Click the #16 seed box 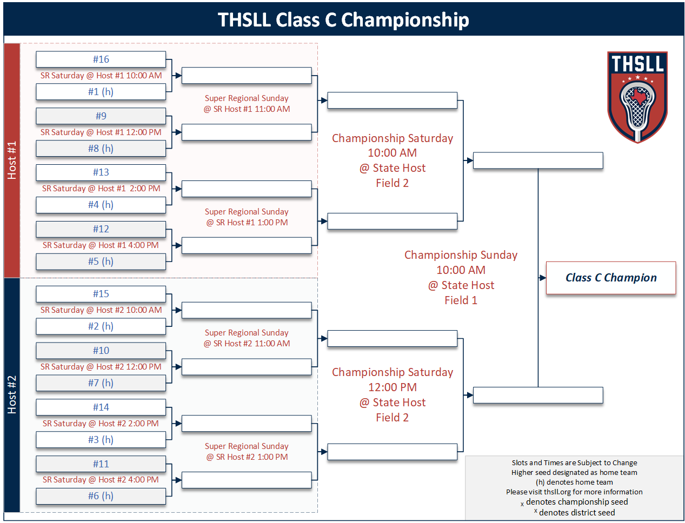coord(101,59)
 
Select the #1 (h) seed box coord(101,92)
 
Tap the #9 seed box coord(101,116)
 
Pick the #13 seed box coord(101,172)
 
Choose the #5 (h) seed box coord(101,261)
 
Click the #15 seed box coord(101,294)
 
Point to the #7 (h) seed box coord(101,383)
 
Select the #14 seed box coord(101,407)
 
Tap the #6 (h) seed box coord(101,496)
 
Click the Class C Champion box coord(611,278)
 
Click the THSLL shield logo coord(637,97)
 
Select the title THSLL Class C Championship coord(343,20)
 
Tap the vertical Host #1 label coord(12,160)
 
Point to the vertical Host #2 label coord(12,395)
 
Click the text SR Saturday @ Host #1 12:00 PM coord(101,132)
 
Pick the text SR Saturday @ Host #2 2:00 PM coord(101,424)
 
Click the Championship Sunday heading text coord(461,255)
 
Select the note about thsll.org coord(574,492)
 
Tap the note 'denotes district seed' coord(576,513)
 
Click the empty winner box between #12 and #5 coord(247,245)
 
